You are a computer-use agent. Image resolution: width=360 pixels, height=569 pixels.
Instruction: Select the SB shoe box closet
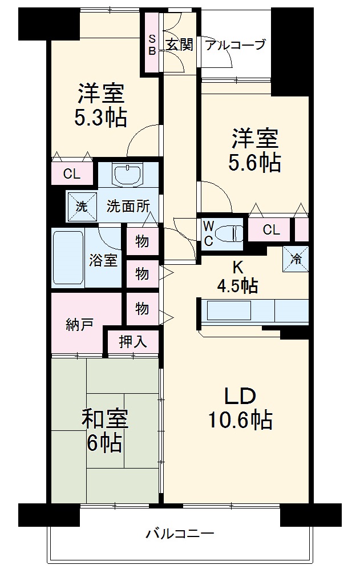(152, 45)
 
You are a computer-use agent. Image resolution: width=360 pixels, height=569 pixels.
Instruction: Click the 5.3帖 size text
(100, 117)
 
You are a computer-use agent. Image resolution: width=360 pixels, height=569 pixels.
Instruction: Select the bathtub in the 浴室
(68, 258)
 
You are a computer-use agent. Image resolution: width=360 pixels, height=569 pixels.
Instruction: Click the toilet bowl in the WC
(233, 233)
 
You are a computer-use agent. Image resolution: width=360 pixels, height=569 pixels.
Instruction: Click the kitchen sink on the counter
(229, 312)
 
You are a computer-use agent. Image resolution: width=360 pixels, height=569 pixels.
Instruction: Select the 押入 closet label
(133, 341)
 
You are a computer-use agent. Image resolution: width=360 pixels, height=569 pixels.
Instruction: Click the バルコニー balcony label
(180, 534)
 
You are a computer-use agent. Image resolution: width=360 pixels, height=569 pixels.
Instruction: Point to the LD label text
(239, 396)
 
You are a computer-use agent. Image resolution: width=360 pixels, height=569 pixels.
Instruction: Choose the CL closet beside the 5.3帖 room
(72, 174)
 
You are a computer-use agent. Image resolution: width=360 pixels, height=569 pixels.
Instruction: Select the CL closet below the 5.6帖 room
(272, 230)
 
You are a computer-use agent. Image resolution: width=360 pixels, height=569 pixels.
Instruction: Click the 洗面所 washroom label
(128, 206)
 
